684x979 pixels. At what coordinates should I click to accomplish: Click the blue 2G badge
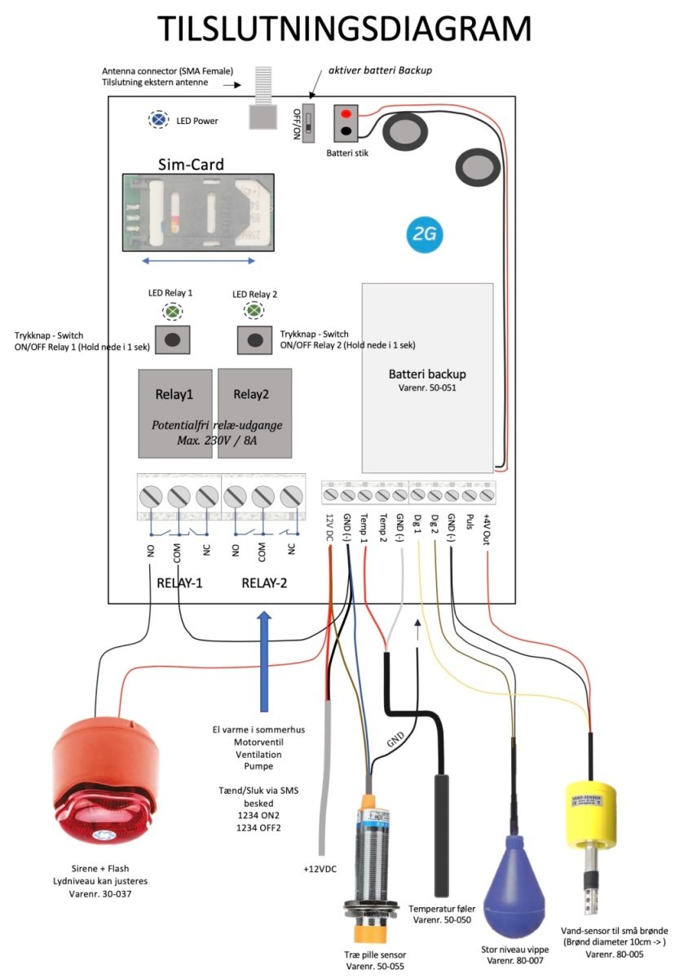click(424, 234)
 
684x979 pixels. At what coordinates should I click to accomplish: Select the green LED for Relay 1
click(172, 312)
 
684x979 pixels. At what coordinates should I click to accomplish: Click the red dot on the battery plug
click(346, 115)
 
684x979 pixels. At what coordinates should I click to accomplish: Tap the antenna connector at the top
click(263, 96)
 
